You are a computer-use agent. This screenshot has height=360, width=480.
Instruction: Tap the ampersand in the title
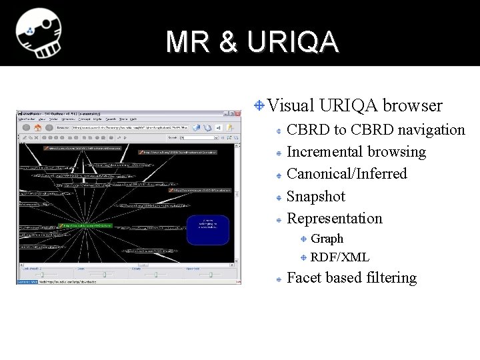coord(227,42)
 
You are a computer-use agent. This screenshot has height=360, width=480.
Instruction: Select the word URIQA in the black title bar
coord(292,42)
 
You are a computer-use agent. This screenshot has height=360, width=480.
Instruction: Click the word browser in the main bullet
coord(413,105)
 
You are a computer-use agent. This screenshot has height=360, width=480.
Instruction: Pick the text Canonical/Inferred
coord(346,174)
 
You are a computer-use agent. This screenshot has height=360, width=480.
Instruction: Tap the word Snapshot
coord(315,197)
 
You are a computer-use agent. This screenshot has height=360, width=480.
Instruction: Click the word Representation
coord(334,219)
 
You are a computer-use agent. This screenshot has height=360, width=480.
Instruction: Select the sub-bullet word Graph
coord(327,239)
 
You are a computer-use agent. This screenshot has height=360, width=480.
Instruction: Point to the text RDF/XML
coord(339,257)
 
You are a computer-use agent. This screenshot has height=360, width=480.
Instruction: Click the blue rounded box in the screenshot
coord(208,229)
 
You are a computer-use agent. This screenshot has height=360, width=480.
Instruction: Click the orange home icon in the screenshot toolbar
coord(39,127)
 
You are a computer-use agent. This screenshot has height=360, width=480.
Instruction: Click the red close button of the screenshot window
coord(235,113)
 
